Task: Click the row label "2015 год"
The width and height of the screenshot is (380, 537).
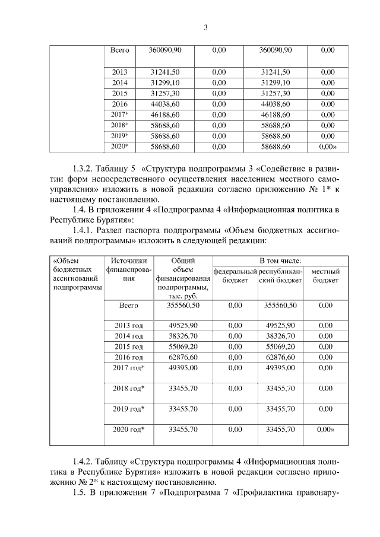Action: point(129,346)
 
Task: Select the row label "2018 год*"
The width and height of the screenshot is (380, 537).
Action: point(129,388)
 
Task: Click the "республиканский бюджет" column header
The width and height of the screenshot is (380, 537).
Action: point(281,276)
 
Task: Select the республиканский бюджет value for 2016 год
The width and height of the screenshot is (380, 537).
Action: point(280,357)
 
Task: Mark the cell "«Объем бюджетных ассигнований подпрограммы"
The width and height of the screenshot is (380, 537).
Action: point(76,273)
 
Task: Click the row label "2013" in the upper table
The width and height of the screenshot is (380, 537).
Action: point(120,72)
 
